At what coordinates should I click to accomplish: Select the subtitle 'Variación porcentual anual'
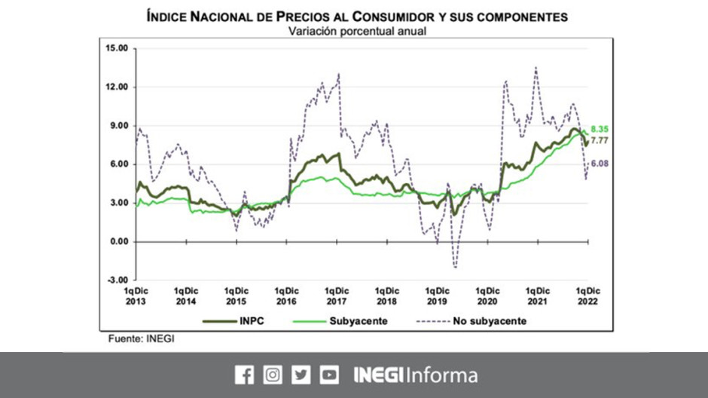tap(353, 31)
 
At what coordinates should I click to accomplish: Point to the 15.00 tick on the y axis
tap(117, 49)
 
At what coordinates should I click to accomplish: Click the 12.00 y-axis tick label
tap(117, 87)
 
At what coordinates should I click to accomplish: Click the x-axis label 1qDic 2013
tap(136, 295)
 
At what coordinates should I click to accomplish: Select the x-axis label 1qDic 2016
tap(286, 295)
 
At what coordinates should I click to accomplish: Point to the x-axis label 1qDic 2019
tap(438, 295)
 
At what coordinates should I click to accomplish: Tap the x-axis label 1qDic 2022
tap(588, 295)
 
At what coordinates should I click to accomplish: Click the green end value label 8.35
tap(600, 129)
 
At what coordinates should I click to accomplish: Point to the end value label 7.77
tap(600, 140)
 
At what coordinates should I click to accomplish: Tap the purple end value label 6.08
tap(600, 164)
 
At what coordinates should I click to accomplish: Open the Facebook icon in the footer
tap(244, 375)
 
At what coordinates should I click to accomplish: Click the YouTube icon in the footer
tap(328, 375)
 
